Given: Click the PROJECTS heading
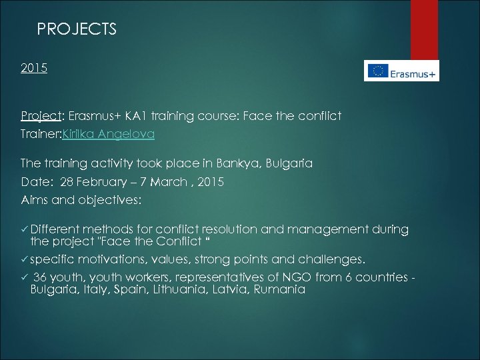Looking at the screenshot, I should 77,29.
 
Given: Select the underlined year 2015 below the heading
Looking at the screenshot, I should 33,68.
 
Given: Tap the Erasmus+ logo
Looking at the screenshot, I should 401,71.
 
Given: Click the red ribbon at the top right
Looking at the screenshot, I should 424,27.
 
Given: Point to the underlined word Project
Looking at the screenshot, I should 37,117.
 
